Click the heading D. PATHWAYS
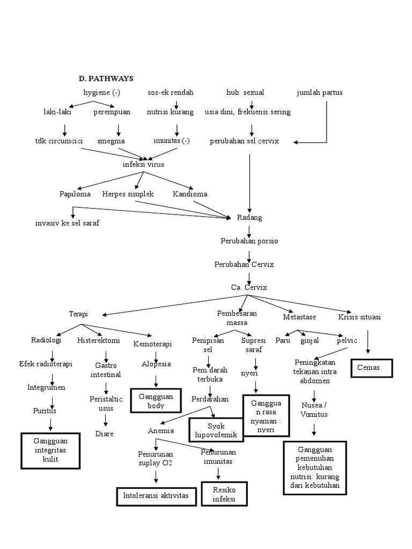pyautogui.click(x=107, y=79)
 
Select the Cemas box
pyautogui.click(x=372, y=368)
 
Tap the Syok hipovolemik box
pyautogui.click(x=216, y=429)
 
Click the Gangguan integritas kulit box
pyautogui.click(x=51, y=450)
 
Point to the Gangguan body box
pyautogui.click(x=154, y=401)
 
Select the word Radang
pyautogui.click(x=249, y=218)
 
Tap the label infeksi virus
pyautogui.click(x=143, y=164)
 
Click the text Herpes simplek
pyautogui.click(x=128, y=194)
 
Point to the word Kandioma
pyautogui.click(x=190, y=194)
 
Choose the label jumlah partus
pyautogui.click(x=319, y=93)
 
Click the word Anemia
pyautogui.click(x=160, y=431)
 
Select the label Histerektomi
pyautogui.click(x=99, y=340)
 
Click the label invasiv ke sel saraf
pyautogui.click(x=67, y=223)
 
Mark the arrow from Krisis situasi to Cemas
pyautogui.click(x=367, y=341)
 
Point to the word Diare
pyautogui.click(x=104, y=433)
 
